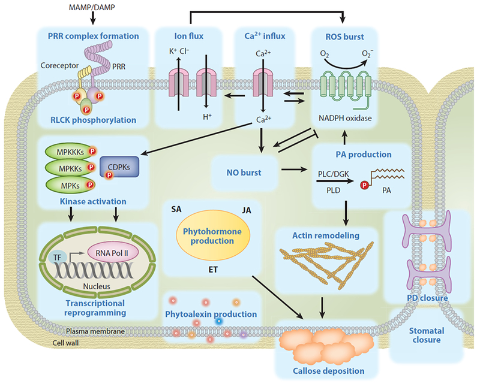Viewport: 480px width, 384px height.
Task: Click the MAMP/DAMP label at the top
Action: pos(92,7)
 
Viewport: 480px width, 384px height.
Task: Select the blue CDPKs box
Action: pos(119,167)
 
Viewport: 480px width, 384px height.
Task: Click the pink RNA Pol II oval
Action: pos(113,253)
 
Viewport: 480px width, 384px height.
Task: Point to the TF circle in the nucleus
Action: pos(58,258)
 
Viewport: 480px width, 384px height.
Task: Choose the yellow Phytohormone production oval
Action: pos(213,235)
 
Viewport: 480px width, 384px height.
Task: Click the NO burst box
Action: pos(244,173)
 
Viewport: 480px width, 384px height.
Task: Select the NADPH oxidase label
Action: pos(345,118)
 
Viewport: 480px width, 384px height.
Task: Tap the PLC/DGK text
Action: pos(334,174)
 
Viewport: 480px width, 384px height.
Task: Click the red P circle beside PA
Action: pos(364,185)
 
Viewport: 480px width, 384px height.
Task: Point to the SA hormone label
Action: pos(176,209)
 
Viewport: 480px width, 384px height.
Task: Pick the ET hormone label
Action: pos(213,270)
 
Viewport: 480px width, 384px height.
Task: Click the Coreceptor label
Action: pos(59,66)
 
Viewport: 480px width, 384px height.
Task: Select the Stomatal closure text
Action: pos(427,335)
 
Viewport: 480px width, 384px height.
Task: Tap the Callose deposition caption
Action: pos(328,371)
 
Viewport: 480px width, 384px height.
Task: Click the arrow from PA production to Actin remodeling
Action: pos(346,213)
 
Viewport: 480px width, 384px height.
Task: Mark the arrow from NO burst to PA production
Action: pos(294,169)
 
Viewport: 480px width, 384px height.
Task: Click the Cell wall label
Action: pos(65,343)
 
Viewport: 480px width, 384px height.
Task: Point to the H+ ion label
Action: pos(207,116)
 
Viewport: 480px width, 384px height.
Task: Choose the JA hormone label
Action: pos(247,210)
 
